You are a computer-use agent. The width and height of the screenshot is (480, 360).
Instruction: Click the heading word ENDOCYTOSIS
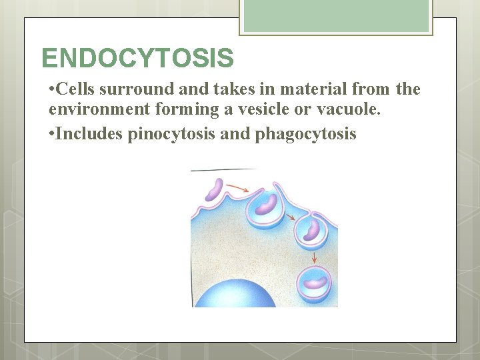137,58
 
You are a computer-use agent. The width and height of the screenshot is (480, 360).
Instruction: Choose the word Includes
89,134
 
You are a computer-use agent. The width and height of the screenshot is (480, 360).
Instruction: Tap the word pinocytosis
170,134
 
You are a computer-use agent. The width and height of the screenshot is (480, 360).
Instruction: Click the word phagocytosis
305,134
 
